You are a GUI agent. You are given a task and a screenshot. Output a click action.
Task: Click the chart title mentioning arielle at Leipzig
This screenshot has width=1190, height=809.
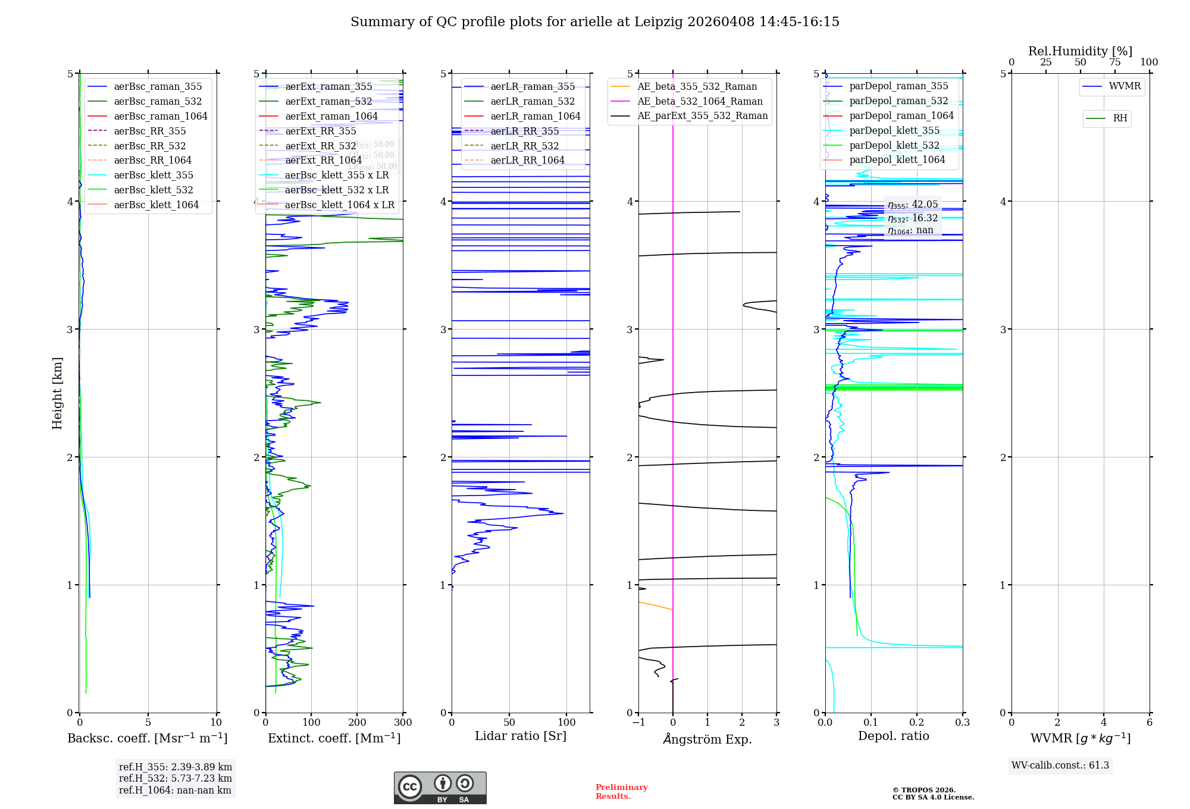point(594,22)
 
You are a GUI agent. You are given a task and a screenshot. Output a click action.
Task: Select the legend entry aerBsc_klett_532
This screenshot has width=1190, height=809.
point(153,190)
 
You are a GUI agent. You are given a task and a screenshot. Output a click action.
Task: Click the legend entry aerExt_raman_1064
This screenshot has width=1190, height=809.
point(331,116)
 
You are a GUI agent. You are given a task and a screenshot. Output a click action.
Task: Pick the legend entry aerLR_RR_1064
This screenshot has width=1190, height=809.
point(527,160)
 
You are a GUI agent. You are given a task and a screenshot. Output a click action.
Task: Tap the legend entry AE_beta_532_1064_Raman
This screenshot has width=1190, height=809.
point(700,101)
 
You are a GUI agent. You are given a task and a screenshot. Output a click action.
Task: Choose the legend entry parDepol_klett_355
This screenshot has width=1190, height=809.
point(894,130)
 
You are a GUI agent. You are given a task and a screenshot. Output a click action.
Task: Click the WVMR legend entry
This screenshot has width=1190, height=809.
point(1125,86)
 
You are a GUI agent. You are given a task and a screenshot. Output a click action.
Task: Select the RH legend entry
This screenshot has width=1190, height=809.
point(1120,118)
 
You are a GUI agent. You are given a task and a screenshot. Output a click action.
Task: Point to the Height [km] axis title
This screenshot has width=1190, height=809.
point(57,393)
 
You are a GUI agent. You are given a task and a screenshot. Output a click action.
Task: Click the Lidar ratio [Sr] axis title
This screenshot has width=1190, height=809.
point(521,736)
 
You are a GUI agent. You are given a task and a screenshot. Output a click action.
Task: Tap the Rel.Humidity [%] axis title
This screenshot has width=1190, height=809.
point(1080,51)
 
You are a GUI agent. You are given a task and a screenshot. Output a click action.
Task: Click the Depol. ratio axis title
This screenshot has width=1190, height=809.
point(893,736)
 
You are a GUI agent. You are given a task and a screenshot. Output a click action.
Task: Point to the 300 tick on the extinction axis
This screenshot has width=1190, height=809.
point(403,723)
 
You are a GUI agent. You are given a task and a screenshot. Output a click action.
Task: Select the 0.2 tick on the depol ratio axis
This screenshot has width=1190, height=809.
point(917,723)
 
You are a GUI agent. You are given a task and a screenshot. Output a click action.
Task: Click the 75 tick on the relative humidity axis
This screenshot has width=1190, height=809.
point(1114,62)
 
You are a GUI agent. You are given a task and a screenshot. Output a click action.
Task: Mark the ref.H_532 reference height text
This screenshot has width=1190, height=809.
point(175,778)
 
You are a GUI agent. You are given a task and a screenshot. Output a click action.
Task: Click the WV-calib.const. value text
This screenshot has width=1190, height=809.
point(1060,765)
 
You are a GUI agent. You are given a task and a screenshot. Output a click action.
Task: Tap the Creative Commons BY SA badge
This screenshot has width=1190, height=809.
point(440,788)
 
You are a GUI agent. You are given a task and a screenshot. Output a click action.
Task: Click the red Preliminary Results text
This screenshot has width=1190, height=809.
point(621,792)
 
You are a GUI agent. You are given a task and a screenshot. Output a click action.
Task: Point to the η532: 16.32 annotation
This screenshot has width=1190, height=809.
point(912,218)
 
